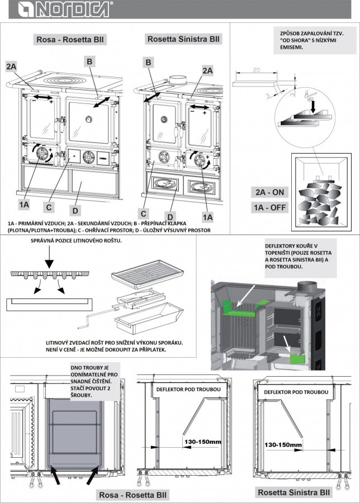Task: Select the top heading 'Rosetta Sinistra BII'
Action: click(x=184, y=39)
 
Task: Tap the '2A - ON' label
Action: click(x=270, y=192)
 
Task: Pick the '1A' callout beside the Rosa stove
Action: click(x=23, y=205)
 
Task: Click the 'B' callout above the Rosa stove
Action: click(x=89, y=60)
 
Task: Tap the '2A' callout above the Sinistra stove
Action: click(x=207, y=70)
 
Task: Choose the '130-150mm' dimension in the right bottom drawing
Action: click(x=283, y=445)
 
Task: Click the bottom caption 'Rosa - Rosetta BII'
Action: click(x=132, y=495)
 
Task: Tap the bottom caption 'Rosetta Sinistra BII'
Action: click(x=294, y=492)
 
